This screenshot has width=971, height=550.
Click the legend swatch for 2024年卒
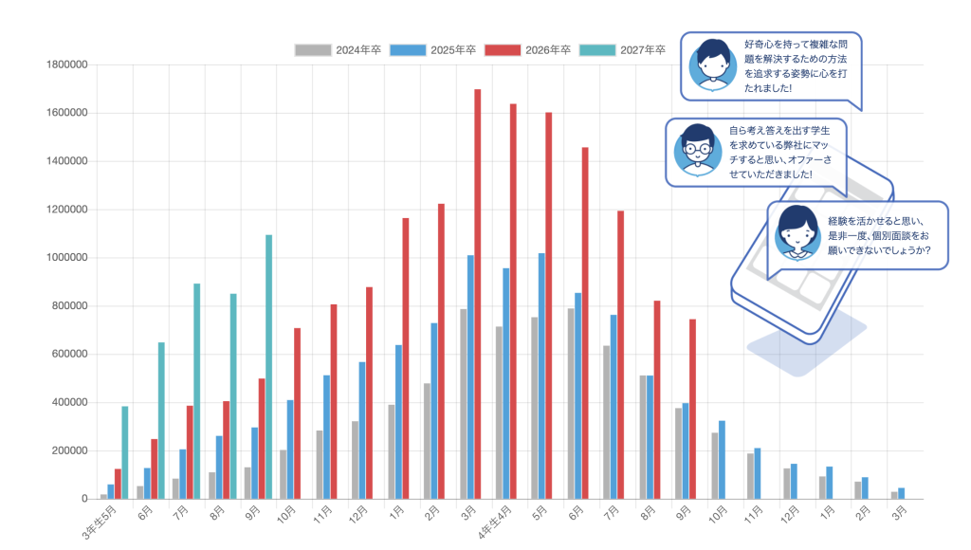(313, 50)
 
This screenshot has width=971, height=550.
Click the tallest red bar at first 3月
(477, 294)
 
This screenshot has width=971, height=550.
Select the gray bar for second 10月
(714, 466)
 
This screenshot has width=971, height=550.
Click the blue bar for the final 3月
(901, 493)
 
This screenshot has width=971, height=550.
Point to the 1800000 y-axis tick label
(65, 64)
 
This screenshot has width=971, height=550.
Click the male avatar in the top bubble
(712, 64)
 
